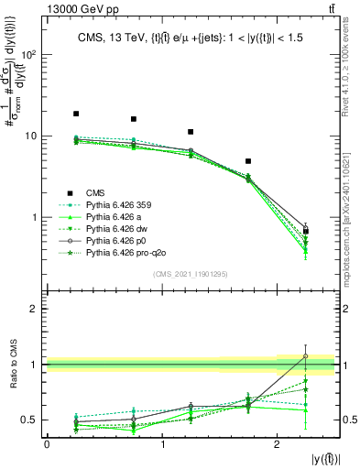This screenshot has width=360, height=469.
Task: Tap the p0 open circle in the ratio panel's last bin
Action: [306, 356]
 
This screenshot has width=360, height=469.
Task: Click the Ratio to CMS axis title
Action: [13, 365]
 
